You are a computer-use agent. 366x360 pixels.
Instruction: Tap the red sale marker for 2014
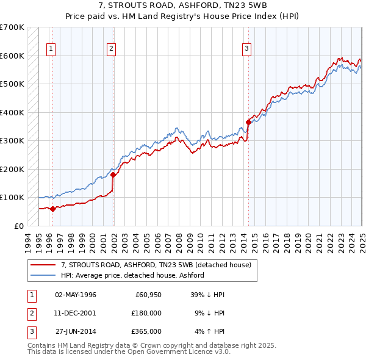248,122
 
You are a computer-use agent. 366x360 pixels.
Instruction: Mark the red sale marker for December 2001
113,175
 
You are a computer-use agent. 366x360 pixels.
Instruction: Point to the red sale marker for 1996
52,209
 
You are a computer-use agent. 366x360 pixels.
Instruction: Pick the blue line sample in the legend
43,275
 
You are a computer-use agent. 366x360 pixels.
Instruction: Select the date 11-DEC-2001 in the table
76,313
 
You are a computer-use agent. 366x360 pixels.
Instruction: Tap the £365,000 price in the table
147,331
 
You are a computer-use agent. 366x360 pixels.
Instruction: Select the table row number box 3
30,331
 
